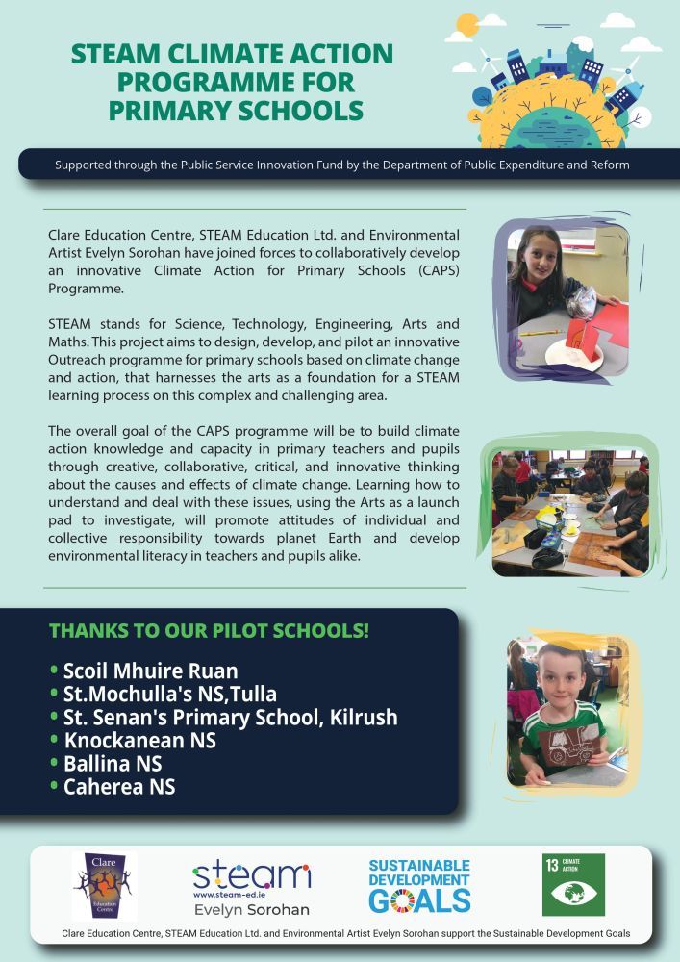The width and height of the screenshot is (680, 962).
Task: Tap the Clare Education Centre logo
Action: coord(104,886)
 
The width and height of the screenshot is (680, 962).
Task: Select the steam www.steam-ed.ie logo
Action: coord(251,877)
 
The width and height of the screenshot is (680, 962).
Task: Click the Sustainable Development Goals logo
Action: coord(419,885)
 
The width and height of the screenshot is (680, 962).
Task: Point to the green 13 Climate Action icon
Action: coord(573,884)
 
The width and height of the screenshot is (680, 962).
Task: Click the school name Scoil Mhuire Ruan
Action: coord(150,671)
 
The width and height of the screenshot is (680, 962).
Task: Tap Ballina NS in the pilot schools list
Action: coord(113,764)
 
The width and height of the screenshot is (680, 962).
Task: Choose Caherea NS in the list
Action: coord(119,787)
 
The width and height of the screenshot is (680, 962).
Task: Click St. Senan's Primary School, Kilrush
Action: coord(230,718)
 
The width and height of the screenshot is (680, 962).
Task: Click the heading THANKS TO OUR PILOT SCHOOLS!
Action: coord(210,632)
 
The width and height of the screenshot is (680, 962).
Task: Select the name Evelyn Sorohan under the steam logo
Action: coord(251,909)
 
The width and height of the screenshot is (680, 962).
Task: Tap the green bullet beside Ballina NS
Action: coord(54,765)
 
